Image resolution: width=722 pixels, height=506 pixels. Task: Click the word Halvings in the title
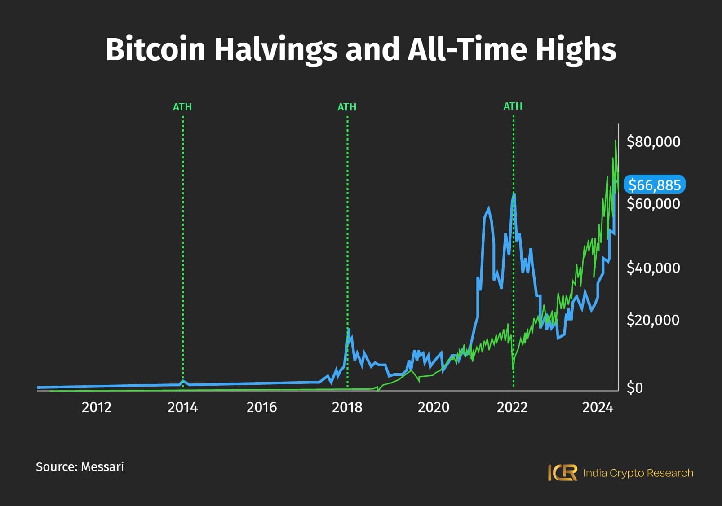(x=275, y=49)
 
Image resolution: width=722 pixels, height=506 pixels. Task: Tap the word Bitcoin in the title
(x=155, y=49)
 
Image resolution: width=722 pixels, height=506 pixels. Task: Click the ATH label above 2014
(x=182, y=107)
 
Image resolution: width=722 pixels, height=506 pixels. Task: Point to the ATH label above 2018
(x=347, y=107)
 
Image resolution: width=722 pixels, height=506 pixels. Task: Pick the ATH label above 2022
(x=513, y=106)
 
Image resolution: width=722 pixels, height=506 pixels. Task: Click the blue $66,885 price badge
(x=654, y=185)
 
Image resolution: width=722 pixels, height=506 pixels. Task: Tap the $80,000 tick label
(x=653, y=142)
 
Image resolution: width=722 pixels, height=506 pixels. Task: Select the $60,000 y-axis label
(x=653, y=204)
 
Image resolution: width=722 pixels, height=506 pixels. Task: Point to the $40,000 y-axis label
(x=653, y=268)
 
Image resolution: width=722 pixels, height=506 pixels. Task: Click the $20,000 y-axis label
(x=653, y=320)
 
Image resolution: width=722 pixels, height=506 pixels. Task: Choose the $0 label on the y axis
(x=634, y=387)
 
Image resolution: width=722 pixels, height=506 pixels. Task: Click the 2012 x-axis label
(x=96, y=407)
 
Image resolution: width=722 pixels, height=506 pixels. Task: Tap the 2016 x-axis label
(x=261, y=407)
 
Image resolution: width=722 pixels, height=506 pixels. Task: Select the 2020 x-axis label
(x=433, y=407)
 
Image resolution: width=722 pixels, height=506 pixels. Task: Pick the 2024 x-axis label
(x=598, y=407)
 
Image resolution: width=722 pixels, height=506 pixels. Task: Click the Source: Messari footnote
(x=80, y=467)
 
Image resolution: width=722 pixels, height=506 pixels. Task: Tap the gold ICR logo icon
(x=563, y=473)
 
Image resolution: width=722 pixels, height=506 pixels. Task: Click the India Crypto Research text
(x=638, y=473)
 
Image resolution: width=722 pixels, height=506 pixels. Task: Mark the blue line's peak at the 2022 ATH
(x=514, y=194)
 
